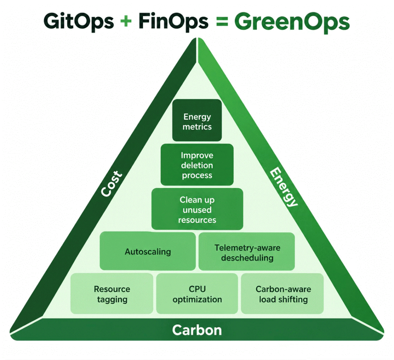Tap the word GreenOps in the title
tap(292, 22)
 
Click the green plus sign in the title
tap(126, 21)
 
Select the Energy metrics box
tap(197, 120)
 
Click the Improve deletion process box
tap(197, 165)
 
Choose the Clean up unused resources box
tap(197, 209)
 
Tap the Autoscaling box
tap(148, 251)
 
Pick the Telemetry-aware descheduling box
tap(247, 252)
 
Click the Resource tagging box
tap(112, 294)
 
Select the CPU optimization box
tap(197, 294)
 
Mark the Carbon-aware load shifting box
tap(282, 294)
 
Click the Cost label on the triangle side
tap(112, 183)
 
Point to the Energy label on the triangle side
tap(284, 187)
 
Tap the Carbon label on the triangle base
tap(197, 330)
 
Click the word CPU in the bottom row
tap(197, 289)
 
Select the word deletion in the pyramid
tap(197, 165)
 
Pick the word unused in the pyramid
tap(197, 210)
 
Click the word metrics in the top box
tap(197, 127)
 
